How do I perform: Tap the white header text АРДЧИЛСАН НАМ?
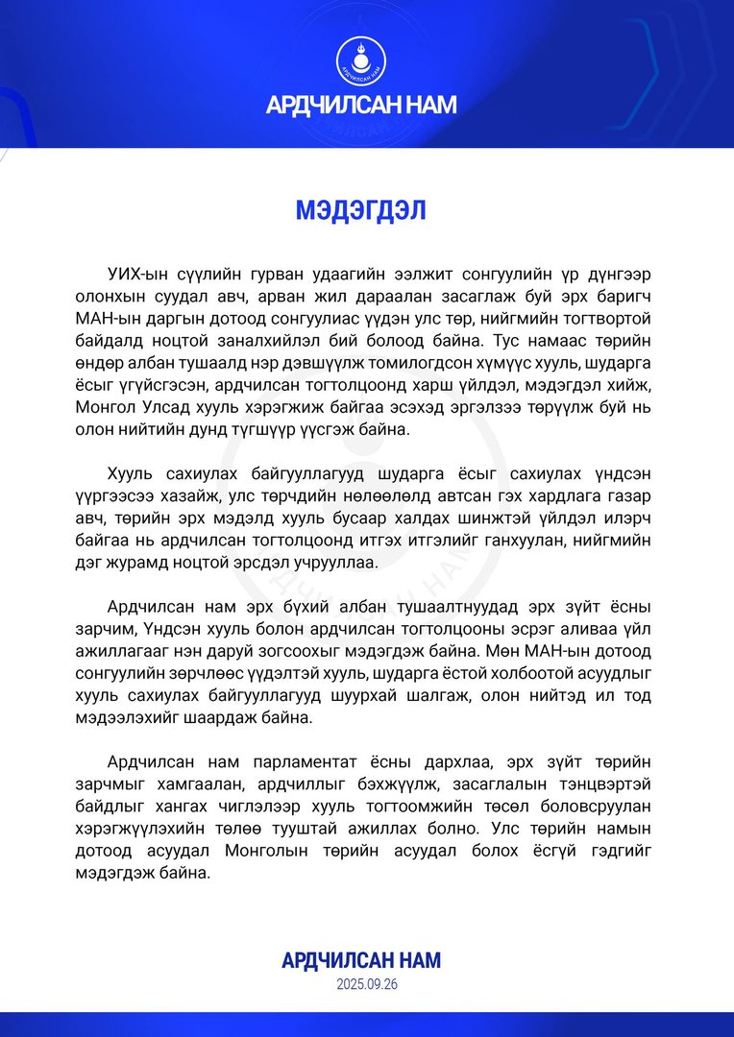(x=361, y=105)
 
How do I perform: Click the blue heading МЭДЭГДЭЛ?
(x=361, y=210)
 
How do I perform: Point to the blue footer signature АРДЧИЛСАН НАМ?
(x=361, y=960)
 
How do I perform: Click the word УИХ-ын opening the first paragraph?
(x=136, y=274)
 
